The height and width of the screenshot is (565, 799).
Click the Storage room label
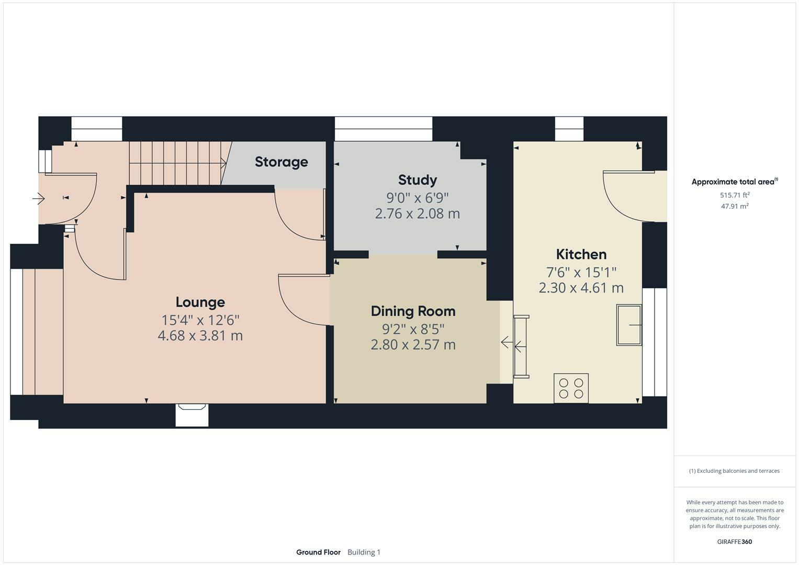coord(282,162)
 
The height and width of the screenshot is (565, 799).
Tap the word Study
coord(418,180)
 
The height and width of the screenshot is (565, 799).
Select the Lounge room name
coord(200,302)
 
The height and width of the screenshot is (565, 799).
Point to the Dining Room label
coord(413,311)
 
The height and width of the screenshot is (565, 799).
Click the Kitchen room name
coord(581,254)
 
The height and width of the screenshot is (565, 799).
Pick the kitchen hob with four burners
coord(571,388)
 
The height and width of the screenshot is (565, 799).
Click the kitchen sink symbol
coord(629,325)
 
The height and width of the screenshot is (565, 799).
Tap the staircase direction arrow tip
coord(226,164)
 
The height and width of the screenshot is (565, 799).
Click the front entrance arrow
coord(38,198)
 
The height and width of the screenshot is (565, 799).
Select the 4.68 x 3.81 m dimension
coord(200,336)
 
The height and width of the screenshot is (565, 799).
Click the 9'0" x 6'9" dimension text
coord(418,198)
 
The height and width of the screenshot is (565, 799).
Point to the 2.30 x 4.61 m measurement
coord(581,288)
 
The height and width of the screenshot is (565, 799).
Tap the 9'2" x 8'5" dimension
coord(413,329)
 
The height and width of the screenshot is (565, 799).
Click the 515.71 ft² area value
coord(735,195)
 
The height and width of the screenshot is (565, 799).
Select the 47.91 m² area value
coord(735,206)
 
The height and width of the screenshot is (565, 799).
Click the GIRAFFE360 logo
coord(735,542)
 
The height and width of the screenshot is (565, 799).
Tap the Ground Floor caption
coord(318,552)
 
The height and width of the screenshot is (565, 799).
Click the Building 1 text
coord(364,552)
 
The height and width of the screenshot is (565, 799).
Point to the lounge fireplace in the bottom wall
coord(192,415)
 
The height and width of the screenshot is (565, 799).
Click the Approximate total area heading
coord(735,182)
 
